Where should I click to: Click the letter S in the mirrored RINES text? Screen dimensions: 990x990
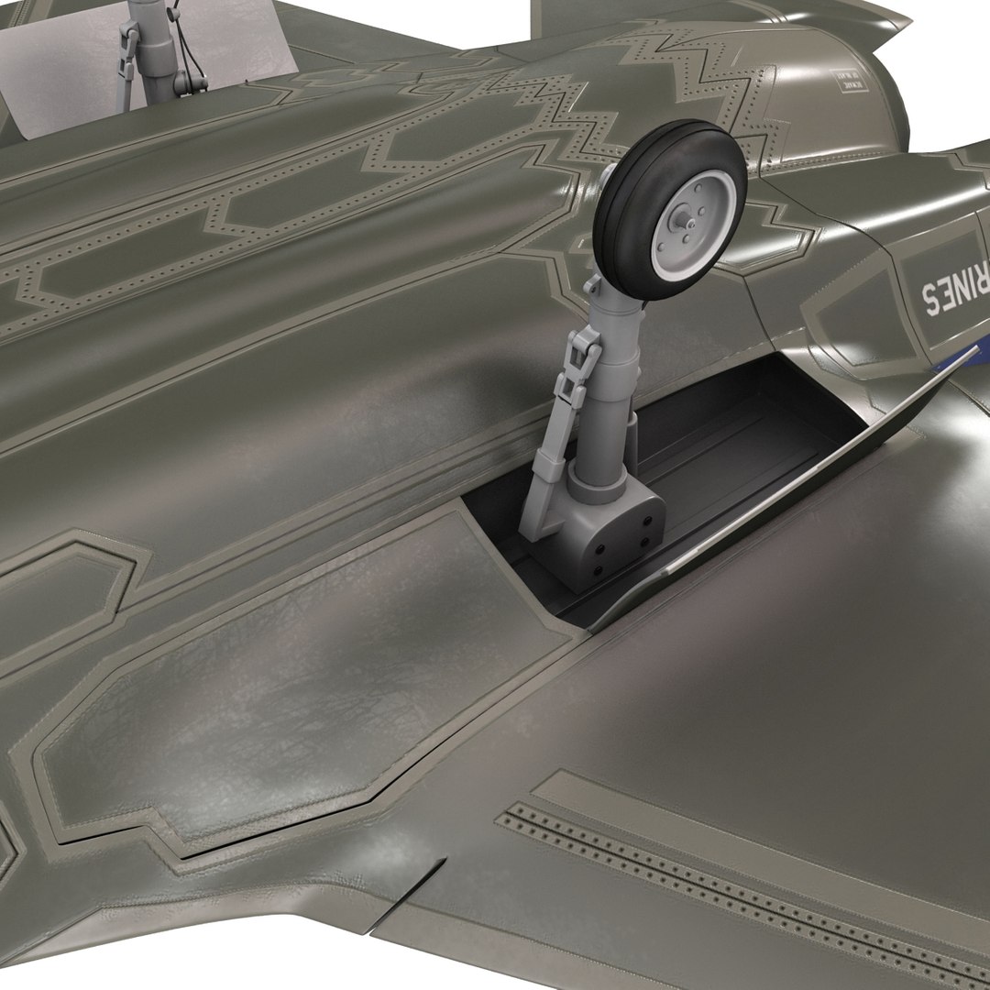[x=928, y=296]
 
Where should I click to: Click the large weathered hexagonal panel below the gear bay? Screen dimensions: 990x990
[x=302, y=678]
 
